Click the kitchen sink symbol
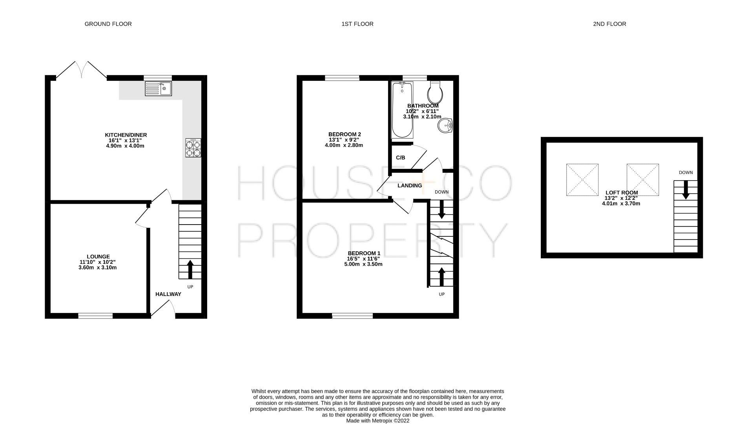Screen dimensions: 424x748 click(x=158, y=89)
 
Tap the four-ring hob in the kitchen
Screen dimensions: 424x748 click(x=193, y=148)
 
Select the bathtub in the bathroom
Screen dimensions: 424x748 click(x=402, y=110)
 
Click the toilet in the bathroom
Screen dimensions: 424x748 click(x=436, y=91)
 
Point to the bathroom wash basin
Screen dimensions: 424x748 click(x=445, y=126)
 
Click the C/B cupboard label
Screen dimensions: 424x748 click(x=400, y=158)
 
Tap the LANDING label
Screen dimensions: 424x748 click(x=409, y=186)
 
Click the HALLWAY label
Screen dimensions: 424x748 click(x=168, y=294)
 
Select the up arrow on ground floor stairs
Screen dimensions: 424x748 click(x=190, y=269)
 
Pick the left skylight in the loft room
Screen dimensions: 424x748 click(x=582, y=180)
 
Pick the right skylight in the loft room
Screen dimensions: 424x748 click(x=642, y=180)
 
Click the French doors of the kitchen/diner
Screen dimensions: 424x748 click(x=81, y=71)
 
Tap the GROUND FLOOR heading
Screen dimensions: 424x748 click(x=108, y=24)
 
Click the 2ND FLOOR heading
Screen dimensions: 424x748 click(x=609, y=24)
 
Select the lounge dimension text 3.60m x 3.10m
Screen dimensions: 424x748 click(x=97, y=268)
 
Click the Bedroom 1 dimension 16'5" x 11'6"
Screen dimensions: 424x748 click(x=363, y=259)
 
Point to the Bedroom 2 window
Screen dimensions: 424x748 click(x=342, y=78)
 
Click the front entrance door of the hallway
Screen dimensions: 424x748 click(x=162, y=309)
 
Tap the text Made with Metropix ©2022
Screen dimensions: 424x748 click(x=377, y=420)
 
